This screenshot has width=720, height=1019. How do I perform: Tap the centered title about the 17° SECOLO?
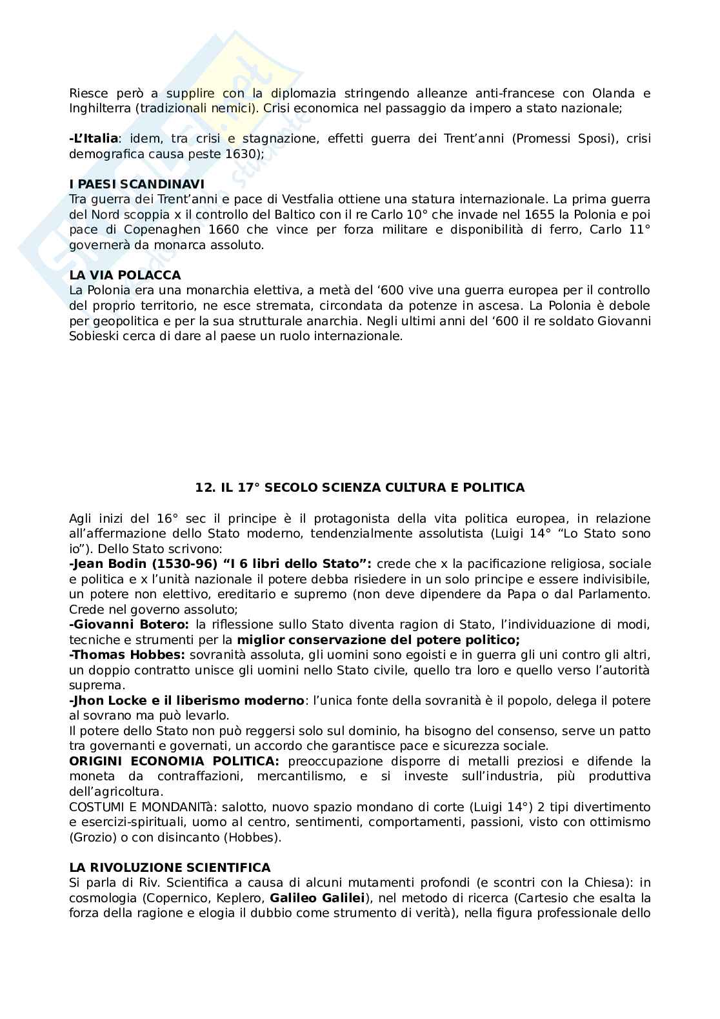[x=360, y=488]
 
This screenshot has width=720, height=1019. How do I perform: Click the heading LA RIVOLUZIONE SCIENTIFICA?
[x=170, y=867]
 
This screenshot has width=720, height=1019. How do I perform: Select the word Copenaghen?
[x=153, y=230]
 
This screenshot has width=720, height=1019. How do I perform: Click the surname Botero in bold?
[x=165, y=624]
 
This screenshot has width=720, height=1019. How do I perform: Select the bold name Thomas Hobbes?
[x=130, y=654]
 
